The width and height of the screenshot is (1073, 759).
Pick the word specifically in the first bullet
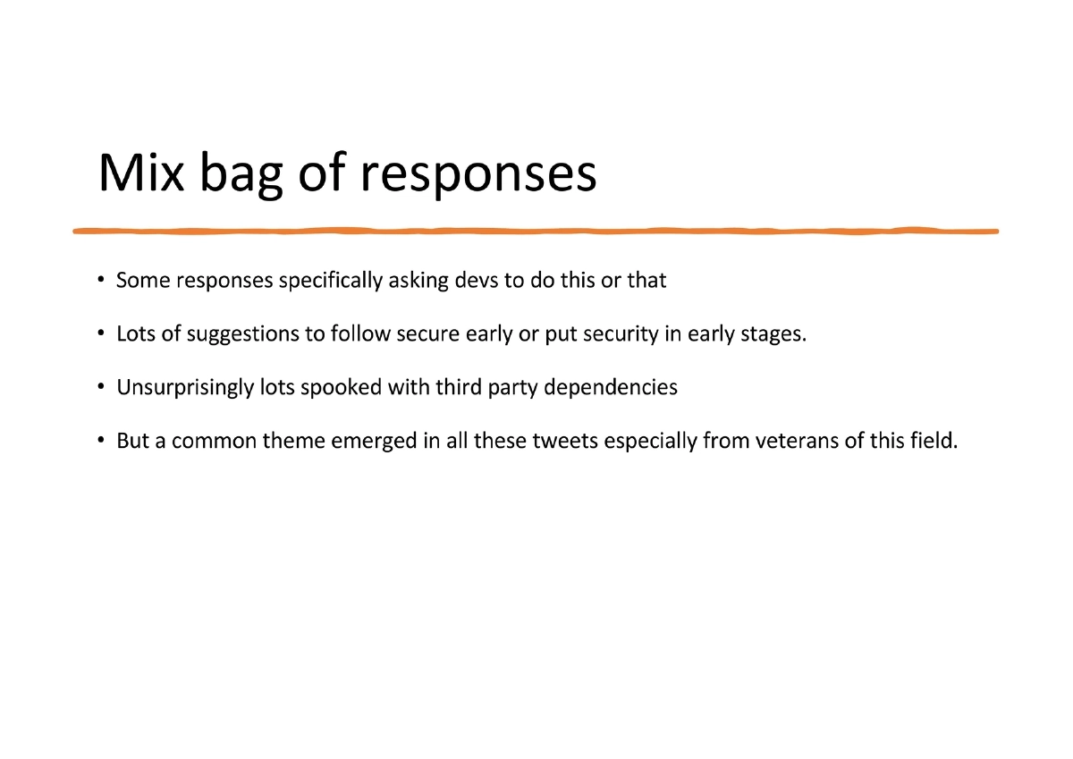tap(332, 282)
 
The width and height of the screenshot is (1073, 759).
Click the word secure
tap(428, 334)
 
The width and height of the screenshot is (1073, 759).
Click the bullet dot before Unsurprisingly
tap(102, 388)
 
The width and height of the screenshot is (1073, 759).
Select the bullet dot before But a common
tap(102, 442)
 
